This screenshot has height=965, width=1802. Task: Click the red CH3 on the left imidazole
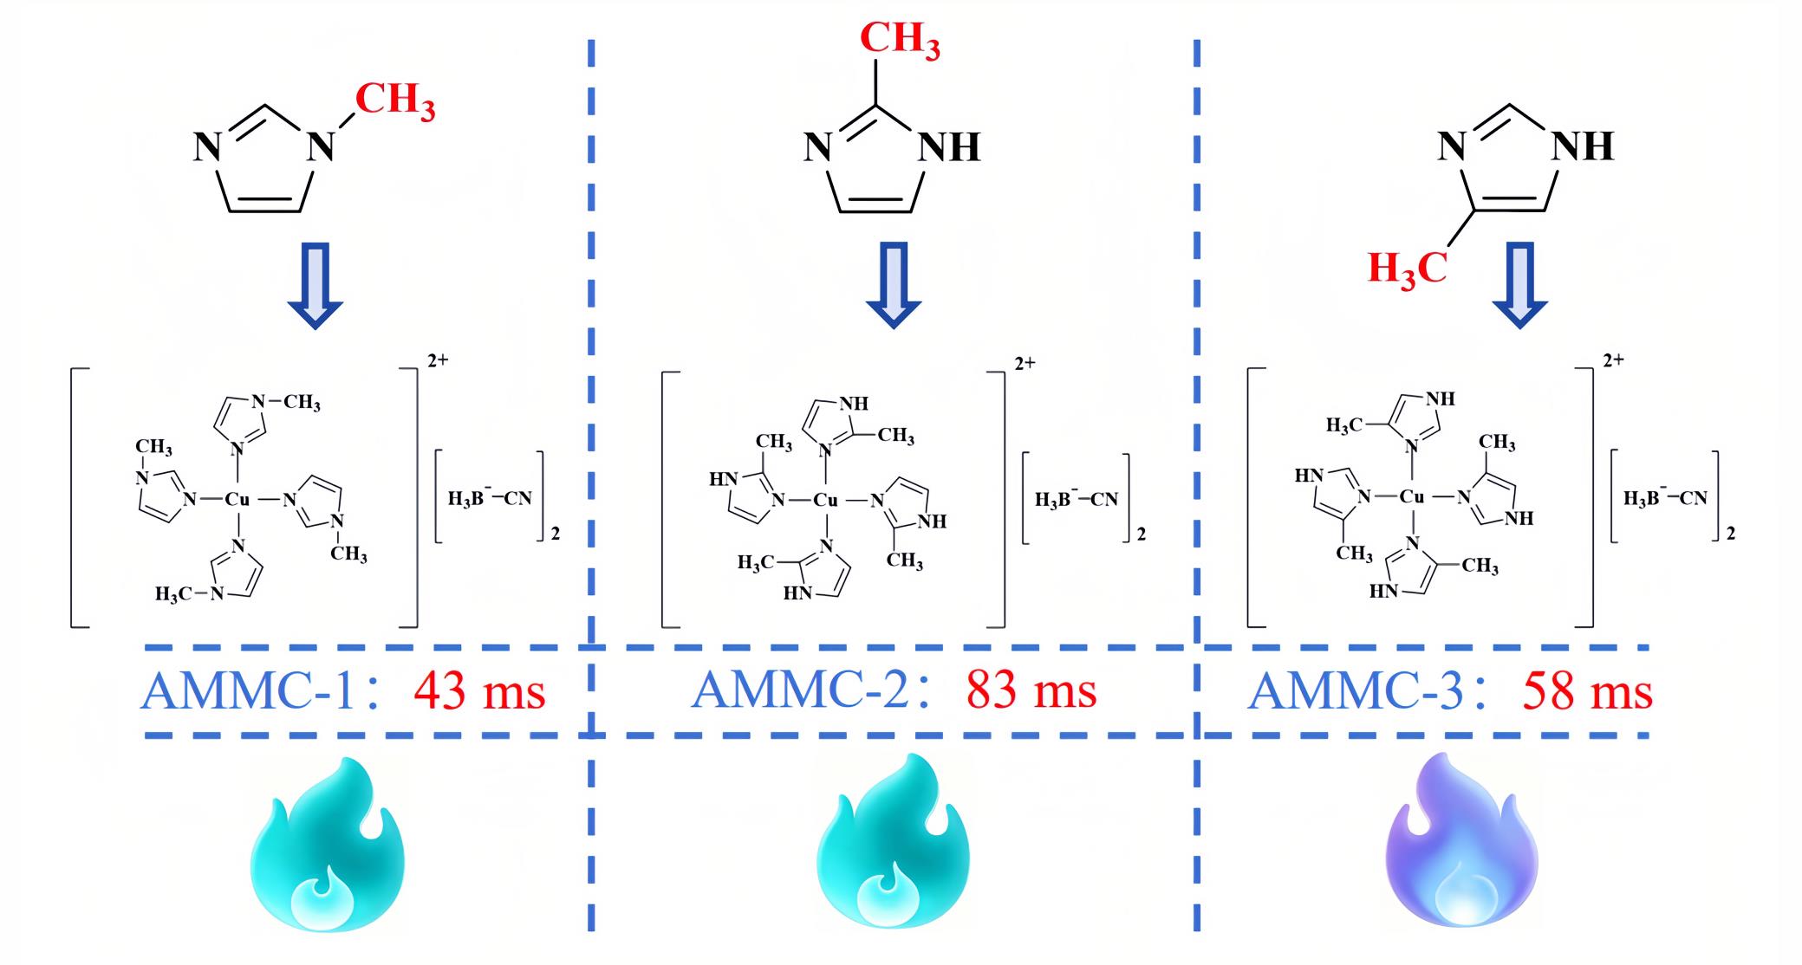(395, 100)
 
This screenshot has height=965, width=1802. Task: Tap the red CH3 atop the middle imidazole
(900, 40)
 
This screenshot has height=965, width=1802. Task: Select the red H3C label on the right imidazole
(1408, 269)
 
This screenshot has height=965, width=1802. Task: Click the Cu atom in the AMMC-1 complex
(237, 499)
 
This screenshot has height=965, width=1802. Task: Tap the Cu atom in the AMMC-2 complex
(826, 500)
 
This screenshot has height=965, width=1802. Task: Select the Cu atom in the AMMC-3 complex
(1413, 496)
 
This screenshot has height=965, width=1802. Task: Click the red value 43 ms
(479, 691)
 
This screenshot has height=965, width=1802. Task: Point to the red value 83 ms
(1031, 690)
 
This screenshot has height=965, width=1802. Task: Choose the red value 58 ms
(1588, 692)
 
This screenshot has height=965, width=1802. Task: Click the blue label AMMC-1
(248, 691)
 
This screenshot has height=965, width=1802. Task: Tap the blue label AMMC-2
(800, 690)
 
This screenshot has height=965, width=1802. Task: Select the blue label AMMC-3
(1356, 692)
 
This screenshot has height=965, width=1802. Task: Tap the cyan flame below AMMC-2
(894, 849)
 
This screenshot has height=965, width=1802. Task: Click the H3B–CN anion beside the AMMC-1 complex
(490, 498)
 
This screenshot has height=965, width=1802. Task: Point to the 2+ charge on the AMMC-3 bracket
(1613, 359)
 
